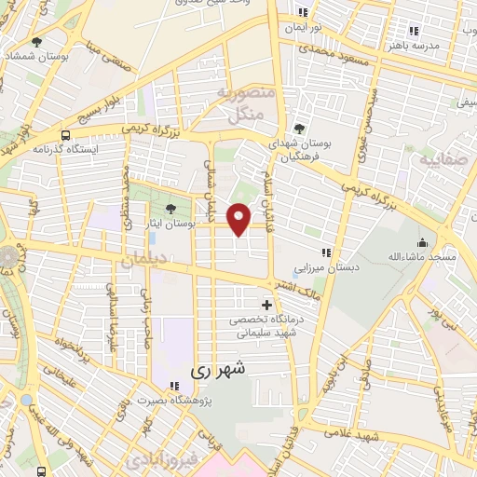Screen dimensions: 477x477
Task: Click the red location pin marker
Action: pos(240,218)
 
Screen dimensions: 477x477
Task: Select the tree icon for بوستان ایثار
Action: pos(170,209)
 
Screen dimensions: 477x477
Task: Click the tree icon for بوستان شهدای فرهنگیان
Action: pos(298,129)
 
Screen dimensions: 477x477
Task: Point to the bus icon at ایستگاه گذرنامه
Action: pos(64,134)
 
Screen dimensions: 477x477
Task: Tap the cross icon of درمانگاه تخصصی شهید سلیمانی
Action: pos(267,305)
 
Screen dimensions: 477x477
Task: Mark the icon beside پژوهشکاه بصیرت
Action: pos(173,386)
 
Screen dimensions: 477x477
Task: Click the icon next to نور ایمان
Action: pos(302,12)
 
